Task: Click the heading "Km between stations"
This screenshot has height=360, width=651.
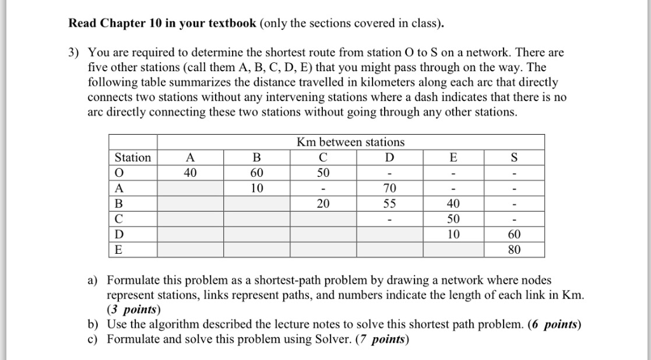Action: [x=350, y=142]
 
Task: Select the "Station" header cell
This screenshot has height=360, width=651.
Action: [x=133, y=157]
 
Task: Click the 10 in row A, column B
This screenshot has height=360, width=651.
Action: [x=257, y=188]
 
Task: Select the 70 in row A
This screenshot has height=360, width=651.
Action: [x=389, y=188]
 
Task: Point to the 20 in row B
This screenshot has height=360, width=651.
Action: [x=323, y=204]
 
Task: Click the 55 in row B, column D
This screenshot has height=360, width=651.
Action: [x=389, y=204]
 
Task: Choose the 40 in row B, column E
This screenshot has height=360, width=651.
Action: [x=453, y=204]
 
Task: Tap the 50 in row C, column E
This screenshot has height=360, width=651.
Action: [x=453, y=219]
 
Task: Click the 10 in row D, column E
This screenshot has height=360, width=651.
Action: [x=453, y=234]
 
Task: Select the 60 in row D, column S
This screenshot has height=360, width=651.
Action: [x=514, y=234]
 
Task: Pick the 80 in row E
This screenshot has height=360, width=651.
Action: [x=514, y=249]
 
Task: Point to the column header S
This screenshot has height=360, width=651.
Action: [x=514, y=157]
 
